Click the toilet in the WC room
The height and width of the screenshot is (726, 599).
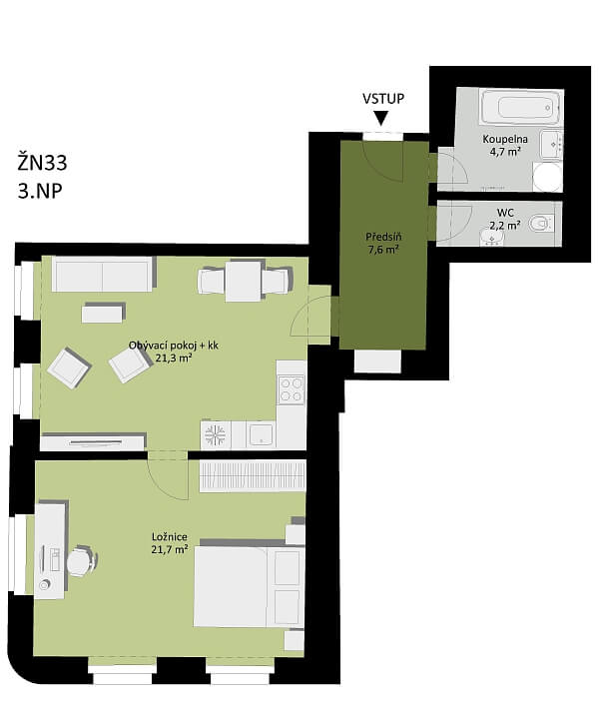click(540, 223)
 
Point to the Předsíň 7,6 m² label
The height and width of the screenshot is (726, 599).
click(382, 243)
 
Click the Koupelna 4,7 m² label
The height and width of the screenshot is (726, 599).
click(506, 146)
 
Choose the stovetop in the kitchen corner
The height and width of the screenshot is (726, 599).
click(292, 388)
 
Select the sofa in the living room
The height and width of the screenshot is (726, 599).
click(103, 274)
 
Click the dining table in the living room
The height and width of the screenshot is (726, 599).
click(245, 280)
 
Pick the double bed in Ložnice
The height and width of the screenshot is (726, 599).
click(248, 585)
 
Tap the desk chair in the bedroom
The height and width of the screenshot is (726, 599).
click(80, 561)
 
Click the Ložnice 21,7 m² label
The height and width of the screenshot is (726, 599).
click(170, 543)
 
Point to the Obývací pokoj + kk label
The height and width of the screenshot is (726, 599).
click(173, 351)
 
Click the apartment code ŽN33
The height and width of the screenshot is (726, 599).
click(43, 160)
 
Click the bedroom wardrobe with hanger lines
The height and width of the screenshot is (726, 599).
click(251, 475)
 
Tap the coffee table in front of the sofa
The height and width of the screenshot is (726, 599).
click(103, 314)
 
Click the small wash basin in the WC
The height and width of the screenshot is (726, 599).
click(489, 236)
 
